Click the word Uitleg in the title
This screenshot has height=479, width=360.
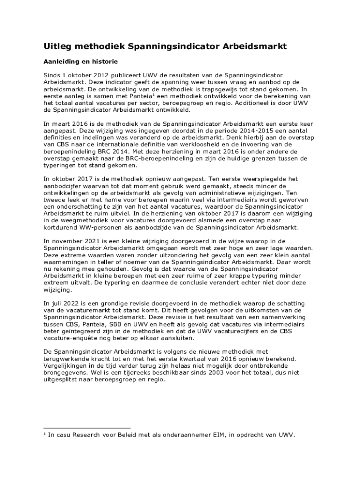pyautogui.click(x=57, y=46)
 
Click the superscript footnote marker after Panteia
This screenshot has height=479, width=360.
pyautogui.click(x=155, y=94)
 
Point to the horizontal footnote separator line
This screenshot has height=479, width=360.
pyautogui.click(x=86, y=428)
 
